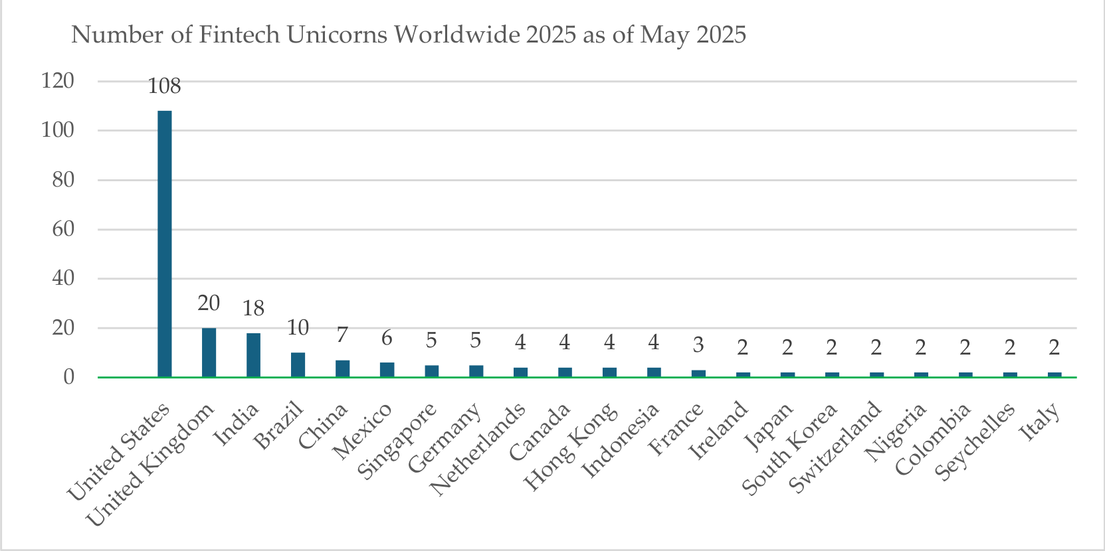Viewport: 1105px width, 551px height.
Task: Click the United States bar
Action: [x=165, y=244]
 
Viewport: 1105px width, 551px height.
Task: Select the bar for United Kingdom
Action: [x=209, y=353]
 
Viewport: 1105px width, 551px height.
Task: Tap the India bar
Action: [x=254, y=355]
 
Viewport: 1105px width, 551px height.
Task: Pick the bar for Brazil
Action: [x=298, y=365]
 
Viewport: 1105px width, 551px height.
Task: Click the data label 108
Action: [x=165, y=86]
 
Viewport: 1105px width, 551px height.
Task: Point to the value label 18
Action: [x=254, y=309]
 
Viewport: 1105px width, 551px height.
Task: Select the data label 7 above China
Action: [x=342, y=335]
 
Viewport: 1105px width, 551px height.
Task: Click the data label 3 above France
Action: [x=698, y=345]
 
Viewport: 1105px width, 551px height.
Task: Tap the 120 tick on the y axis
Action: [x=58, y=81]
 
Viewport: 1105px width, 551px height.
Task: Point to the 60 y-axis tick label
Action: [x=63, y=229]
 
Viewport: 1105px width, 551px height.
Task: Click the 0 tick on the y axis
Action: [x=69, y=378]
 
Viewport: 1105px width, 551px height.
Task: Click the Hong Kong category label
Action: [x=570, y=447]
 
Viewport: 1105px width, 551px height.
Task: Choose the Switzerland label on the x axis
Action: [x=835, y=447]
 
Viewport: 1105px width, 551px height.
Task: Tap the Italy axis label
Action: [x=1040, y=422]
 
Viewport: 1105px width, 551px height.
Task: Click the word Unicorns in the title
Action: [x=337, y=35]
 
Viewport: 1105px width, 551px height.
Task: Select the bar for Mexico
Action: [x=387, y=370]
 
